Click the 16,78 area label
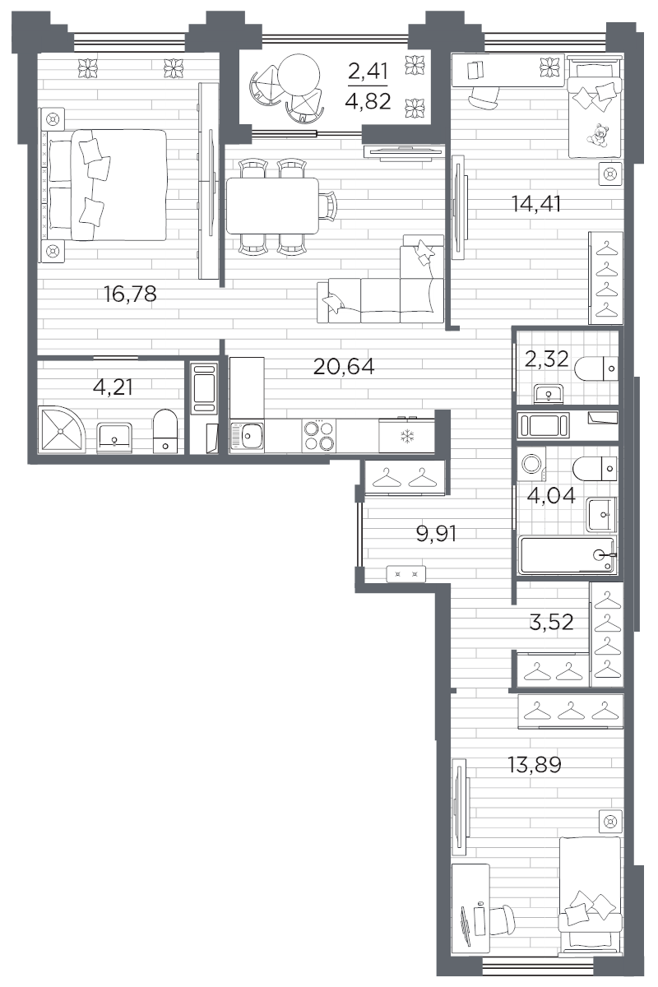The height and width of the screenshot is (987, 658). coord(130,294)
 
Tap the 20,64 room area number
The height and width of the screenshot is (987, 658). coord(344,367)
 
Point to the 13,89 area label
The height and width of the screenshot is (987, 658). coord(534,766)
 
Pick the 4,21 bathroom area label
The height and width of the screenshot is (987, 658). coord(113,386)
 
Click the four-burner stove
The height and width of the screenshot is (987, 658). coord(319,435)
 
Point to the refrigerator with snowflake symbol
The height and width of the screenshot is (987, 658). coord(406,435)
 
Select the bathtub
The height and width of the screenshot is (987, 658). coord(568,554)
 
